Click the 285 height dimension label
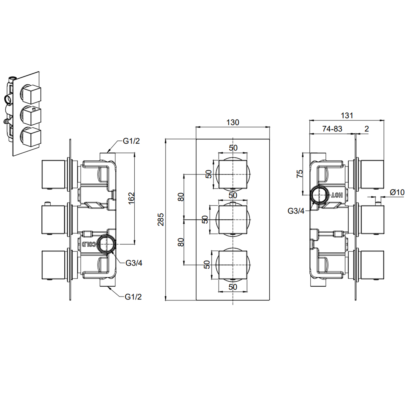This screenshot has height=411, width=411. coord(161,219)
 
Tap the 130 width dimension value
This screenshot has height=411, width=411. coord(233,122)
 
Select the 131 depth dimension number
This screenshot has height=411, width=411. coord(347,116)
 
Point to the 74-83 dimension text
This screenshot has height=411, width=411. coord(332,129)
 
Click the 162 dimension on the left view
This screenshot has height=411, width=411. coord(132,198)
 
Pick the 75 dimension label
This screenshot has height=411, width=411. coord(300,174)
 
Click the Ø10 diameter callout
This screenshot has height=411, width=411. coord(397,192)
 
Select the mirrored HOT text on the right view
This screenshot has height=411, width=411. coord(337,195)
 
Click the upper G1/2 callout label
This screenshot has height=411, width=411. coord(131,141)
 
